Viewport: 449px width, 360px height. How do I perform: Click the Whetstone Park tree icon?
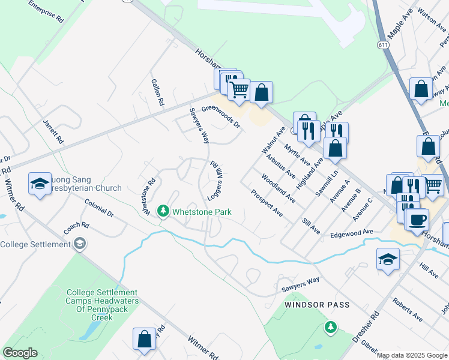pyautogui.click(x=163, y=211)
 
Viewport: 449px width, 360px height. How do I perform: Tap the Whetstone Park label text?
pyautogui.click(x=202, y=212)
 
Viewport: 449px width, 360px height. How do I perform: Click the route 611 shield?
pyautogui.click(x=384, y=45)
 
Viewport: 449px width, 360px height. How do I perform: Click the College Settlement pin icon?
pyautogui.click(x=80, y=244)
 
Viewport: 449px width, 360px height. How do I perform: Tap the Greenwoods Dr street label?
pyautogui.click(x=220, y=116)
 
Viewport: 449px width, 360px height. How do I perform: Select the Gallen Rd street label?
pyautogui.click(x=158, y=92)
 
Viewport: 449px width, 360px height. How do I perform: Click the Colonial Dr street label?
pyautogui.click(x=100, y=208)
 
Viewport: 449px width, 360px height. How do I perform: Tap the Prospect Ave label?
pyautogui.click(x=267, y=203)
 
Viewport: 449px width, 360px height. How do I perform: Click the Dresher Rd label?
pyautogui.click(x=367, y=328)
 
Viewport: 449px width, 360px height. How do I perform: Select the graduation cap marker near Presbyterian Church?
pyautogui.click(x=40, y=183)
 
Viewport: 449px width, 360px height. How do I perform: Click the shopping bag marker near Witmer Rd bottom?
pyautogui.click(x=145, y=338)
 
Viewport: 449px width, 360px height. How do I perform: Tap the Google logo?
pyautogui.click(x=20, y=353)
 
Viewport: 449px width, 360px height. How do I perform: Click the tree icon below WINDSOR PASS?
pyautogui.click(x=330, y=327)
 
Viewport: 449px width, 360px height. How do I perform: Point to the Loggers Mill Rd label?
pyautogui.click(x=215, y=181)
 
